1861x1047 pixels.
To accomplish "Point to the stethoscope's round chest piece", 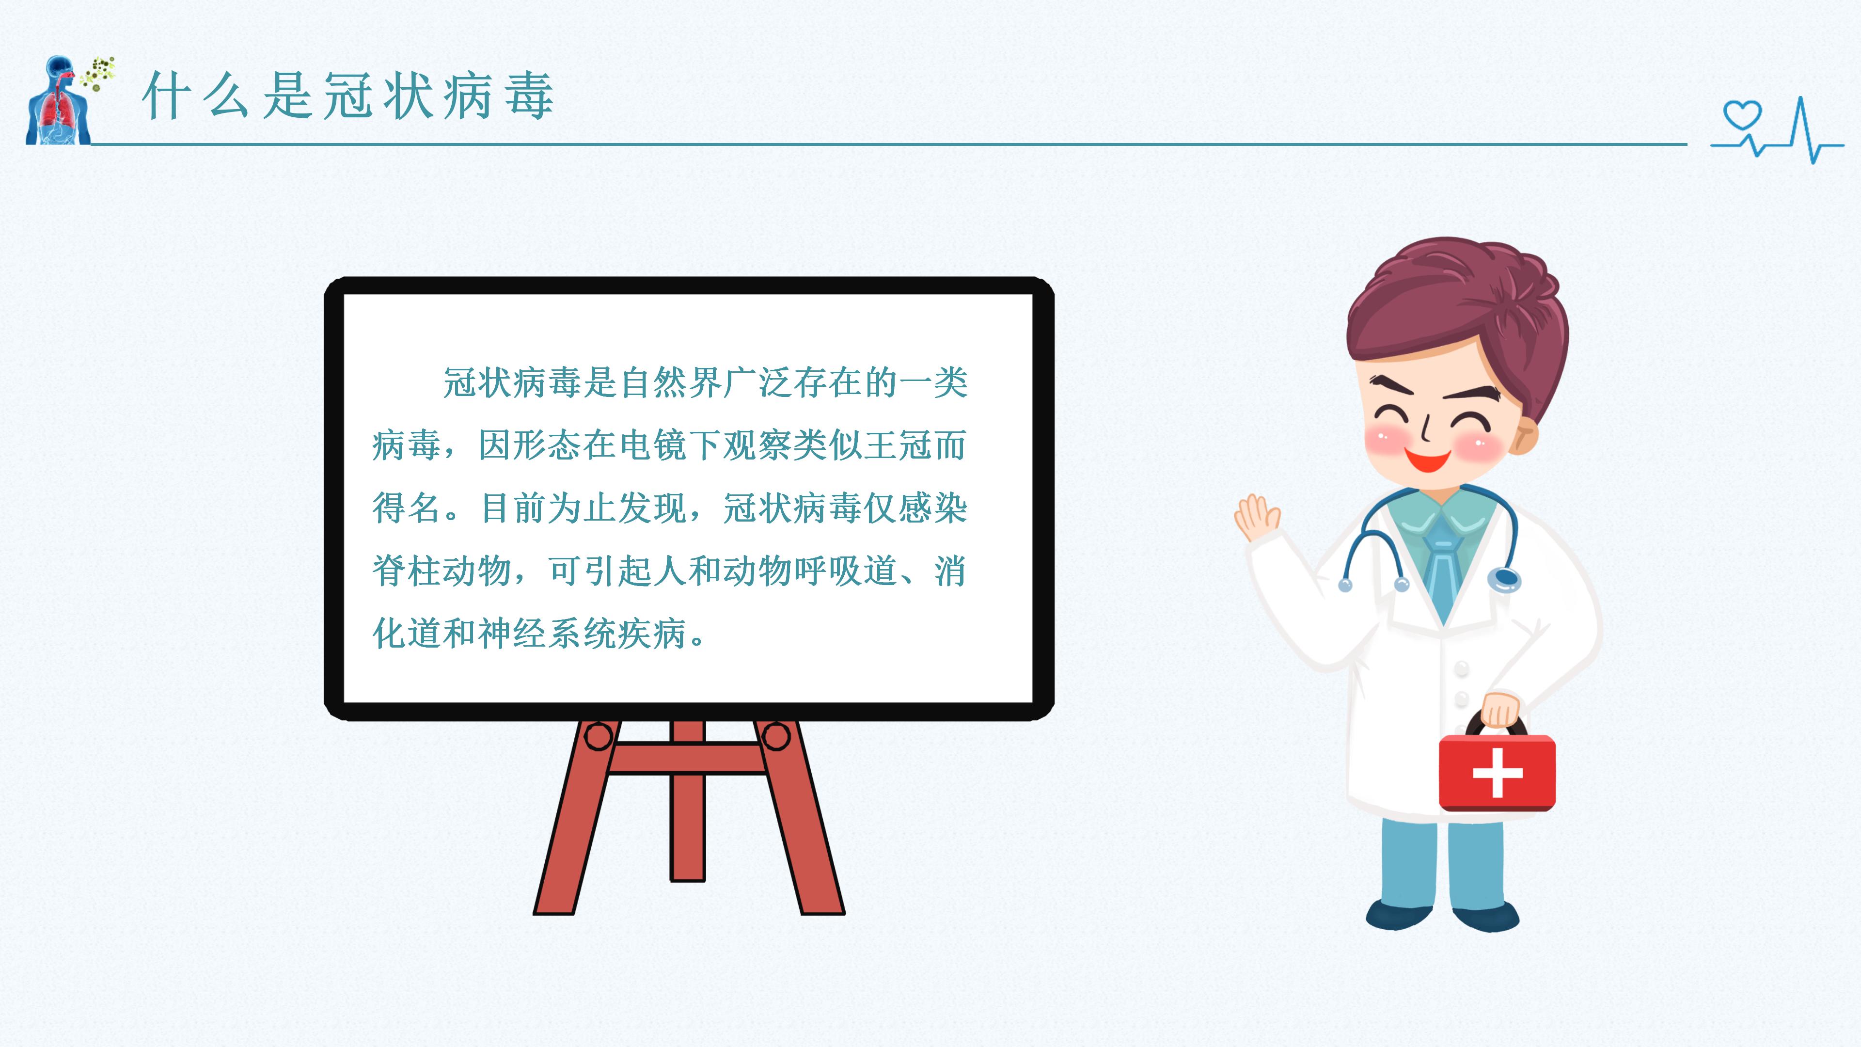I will coord(1504,578).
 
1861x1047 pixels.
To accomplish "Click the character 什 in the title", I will coord(167,95).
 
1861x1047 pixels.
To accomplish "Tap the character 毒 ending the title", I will coord(530,95).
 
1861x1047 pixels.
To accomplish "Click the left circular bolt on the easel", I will coord(598,737).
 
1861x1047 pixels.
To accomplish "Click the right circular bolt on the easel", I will coord(776,737).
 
